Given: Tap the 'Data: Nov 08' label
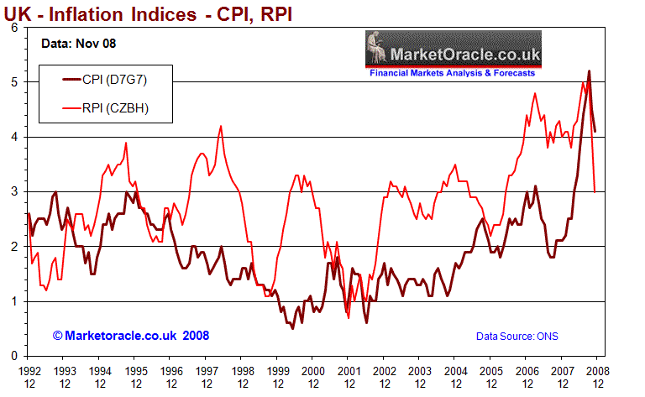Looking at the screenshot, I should [78, 43].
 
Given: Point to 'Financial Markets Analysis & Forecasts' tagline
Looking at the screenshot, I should [454, 73].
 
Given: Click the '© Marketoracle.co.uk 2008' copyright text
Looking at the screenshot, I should [130, 336].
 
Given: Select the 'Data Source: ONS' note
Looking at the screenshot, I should [517, 337].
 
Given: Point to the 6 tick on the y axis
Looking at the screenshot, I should [14, 28].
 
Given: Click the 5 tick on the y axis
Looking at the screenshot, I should [14, 82].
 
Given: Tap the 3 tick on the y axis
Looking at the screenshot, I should [14, 192].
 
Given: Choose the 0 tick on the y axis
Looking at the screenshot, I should [14, 356].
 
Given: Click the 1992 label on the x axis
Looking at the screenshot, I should [29, 370].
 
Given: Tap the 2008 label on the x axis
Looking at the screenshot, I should [596, 370].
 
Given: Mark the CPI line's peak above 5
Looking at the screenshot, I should [589, 71].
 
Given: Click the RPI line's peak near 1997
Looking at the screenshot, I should [221, 126].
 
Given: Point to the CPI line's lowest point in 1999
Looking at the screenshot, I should [292, 327].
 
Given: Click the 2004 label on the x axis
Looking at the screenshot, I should [454, 370].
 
